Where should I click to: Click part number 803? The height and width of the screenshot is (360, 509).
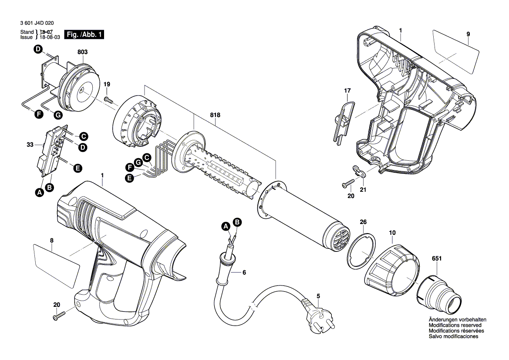click(x=83, y=52)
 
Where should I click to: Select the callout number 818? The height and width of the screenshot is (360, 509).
click(x=215, y=115)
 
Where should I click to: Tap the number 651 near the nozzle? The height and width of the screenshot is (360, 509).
click(x=437, y=259)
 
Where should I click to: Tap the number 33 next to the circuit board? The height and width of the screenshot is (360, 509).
click(x=30, y=144)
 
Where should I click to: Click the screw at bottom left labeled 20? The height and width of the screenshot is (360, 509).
click(x=58, y=316)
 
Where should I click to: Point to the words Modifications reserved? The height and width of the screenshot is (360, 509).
click(x=455, y=326)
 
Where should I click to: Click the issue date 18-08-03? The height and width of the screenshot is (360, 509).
click(x=48, y=37)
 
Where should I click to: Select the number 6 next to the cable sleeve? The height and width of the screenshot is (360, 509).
click(x=244, y=272)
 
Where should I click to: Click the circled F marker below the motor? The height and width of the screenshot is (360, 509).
click(x=39, y=115)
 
